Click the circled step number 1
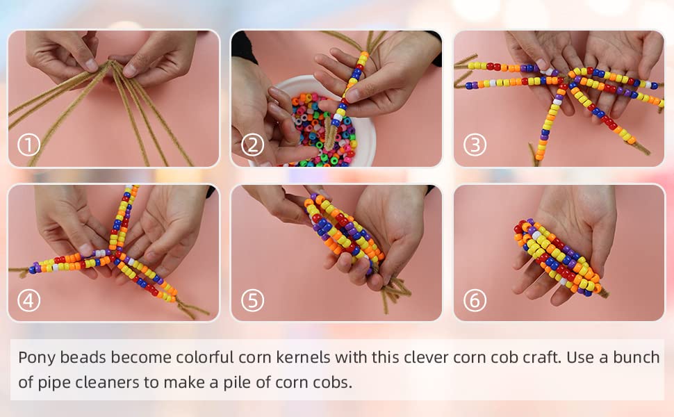28,145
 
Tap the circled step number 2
252,145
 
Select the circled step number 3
475,145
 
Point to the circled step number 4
28,300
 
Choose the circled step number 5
252,300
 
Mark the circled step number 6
475,300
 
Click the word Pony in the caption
37,357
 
